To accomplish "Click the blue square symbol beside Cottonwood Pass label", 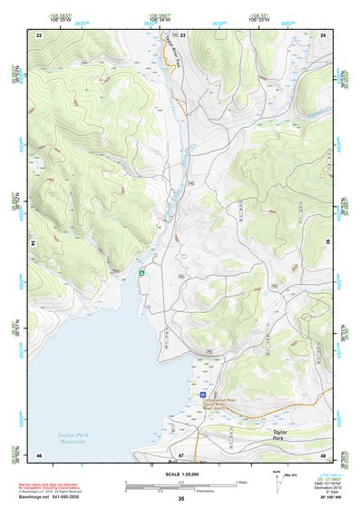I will (x=201, y=396).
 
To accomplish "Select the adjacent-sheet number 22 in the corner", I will (x=39, y=34).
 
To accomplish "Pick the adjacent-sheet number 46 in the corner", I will (x=39, y=454).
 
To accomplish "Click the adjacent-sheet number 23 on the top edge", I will (x=182, y=34).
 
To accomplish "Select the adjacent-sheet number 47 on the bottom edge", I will (x=180, y=454).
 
